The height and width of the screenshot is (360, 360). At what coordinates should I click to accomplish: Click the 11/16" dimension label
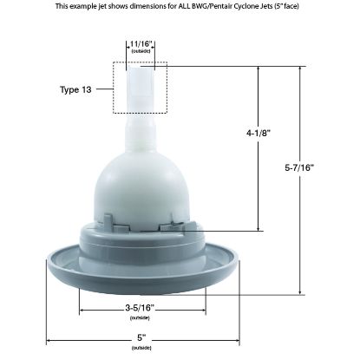141,44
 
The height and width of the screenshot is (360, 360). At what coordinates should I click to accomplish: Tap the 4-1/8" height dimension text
259,133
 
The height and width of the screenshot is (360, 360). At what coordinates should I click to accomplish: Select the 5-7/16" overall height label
299,167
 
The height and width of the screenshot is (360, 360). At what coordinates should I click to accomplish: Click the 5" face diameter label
141,337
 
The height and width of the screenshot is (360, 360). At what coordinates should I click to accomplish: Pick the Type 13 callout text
75,89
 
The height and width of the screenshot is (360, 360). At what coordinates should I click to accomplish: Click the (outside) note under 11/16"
141,51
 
